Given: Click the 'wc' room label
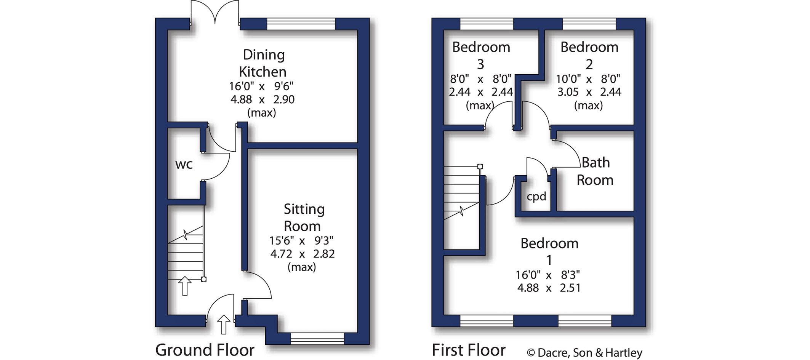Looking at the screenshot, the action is (x=184, y=165).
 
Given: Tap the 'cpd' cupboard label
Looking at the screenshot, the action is (x=536, y=197).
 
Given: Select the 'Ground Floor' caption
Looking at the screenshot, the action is (x=205, y=350).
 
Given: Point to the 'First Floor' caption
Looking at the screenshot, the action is (x=469, y=350).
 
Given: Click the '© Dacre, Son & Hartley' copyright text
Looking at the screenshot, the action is (x=584, y=353).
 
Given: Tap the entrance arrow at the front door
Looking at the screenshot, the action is (x=224, y=325).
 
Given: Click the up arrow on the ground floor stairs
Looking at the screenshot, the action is (x=185, y=286).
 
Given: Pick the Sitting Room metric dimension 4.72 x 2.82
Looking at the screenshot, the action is (x=303, y=254).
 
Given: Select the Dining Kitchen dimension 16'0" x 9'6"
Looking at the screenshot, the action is (x=261, y=86).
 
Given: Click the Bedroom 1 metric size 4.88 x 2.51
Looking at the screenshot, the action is (x=549, y=288).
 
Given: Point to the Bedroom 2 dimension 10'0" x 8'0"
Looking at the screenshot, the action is (x=588, y=79).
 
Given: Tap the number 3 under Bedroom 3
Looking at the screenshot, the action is (x=481, y=64).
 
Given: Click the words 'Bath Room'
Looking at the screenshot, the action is (x=595, y=171).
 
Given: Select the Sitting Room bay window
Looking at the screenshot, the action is (x=317, y=339).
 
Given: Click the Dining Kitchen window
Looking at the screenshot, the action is (x=301, y=24).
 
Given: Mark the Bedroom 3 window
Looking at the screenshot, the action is (x=487, y=24).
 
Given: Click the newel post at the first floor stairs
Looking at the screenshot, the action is (x=480, y=166).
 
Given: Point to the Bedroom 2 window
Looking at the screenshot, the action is (x=589, y=24).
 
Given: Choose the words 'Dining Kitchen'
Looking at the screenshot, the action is (x=263, y=63).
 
